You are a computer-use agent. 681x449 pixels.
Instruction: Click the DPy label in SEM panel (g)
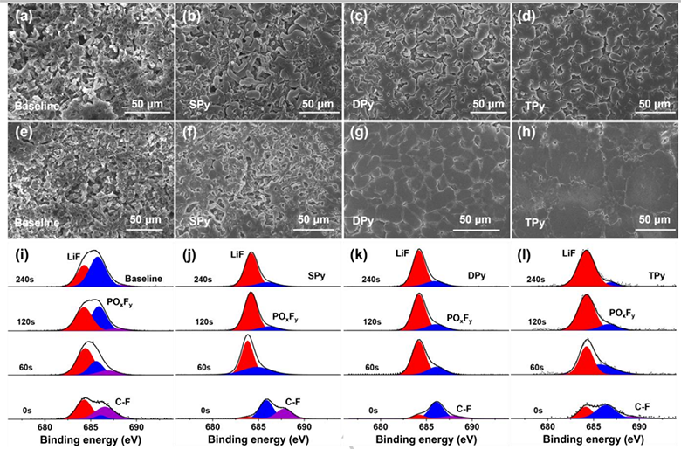(x=360, y=223)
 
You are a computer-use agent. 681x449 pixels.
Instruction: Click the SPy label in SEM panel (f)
(x=199, y=223)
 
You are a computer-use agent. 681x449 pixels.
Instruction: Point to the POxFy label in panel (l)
(x=621, y=314)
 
